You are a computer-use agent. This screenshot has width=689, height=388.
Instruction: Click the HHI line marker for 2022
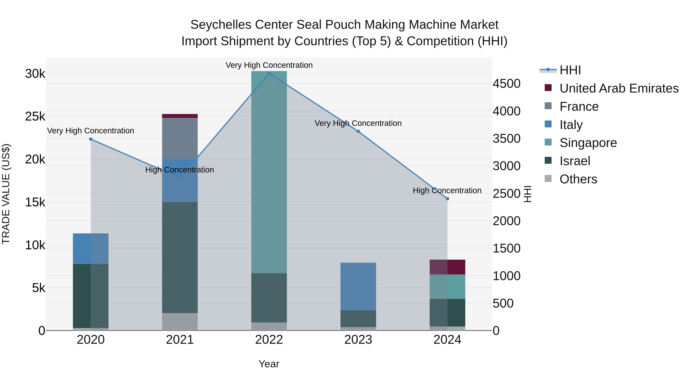269,73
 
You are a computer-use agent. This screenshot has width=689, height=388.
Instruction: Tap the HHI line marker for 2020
91,139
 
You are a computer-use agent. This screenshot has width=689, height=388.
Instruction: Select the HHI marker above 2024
447,199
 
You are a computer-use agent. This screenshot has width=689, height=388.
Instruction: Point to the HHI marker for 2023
358,131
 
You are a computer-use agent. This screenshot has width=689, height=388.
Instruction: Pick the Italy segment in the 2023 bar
358,286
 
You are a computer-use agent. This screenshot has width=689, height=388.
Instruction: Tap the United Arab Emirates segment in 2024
447,267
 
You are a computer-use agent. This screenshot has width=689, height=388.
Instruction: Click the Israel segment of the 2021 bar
180,257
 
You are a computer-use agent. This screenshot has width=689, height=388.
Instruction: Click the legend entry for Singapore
588,143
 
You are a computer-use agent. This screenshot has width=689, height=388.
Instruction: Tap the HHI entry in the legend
570,70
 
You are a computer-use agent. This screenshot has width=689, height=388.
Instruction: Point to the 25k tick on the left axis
35,116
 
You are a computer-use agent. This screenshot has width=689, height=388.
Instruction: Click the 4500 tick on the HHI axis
507,84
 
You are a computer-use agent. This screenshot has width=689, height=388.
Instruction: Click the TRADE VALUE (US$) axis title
6,194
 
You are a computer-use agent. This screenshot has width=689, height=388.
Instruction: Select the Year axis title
269,364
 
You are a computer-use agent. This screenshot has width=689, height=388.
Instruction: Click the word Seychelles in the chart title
221,25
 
